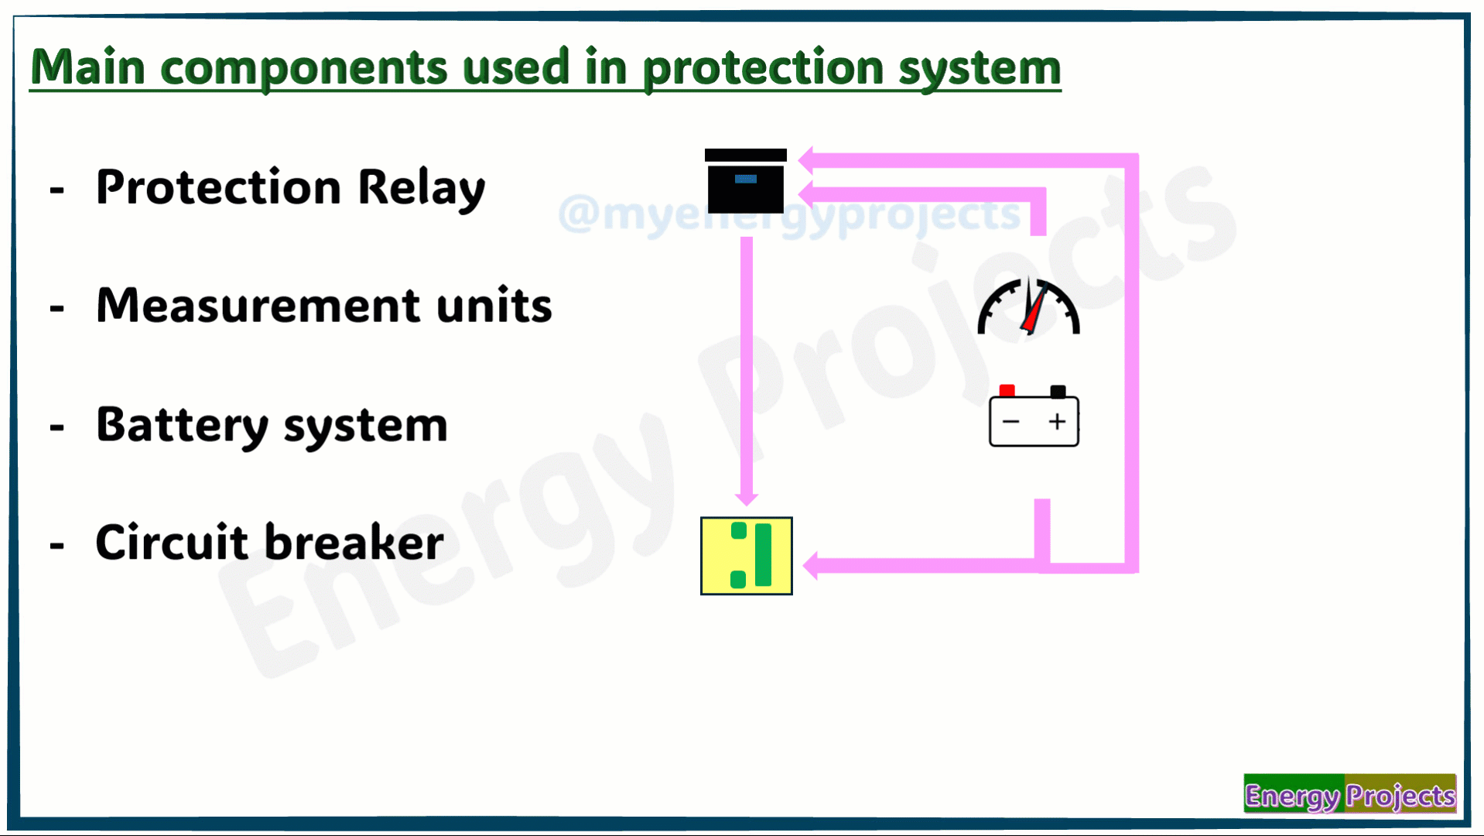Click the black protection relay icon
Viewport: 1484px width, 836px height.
pyautogui.click(x=745, y=180)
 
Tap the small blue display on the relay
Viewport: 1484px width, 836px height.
pyautogui.click(x=745, y=179)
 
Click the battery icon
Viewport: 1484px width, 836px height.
pyautogui.click(x=1034, y=416)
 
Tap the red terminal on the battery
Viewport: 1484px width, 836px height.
pyautogui.click(x=1007, y=391)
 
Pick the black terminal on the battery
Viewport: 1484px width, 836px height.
pyautogui.click(x=1058, y=392)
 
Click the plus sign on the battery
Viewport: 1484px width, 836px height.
pyautogui.click(x=1057, y=421)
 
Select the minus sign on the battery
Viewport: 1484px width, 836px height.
pyautogui.click(x=1010, y=421)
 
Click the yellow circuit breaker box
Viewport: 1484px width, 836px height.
pyautogui.click(x=746, y=556)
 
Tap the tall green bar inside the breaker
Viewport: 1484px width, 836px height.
pyautogui.click(x=763, y=555)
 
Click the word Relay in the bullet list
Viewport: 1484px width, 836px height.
pyautogui.click(x=422, y=188)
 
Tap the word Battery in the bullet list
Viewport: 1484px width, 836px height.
pyautogui.click(x=182, y=425)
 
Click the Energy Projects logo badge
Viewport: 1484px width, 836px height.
pyautogui.click(x=1349, y=794)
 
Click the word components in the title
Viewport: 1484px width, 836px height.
pyautogui.click(x=304, y=68)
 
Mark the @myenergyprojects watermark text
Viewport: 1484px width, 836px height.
pyautogui.click(x=789, y=214)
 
